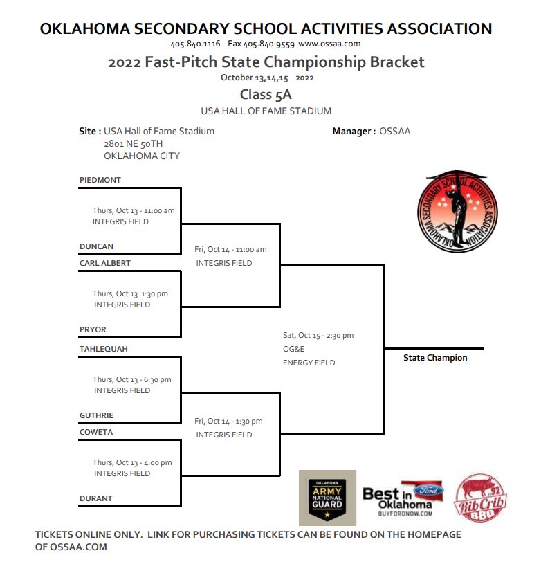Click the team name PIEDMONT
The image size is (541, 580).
pos(100,180)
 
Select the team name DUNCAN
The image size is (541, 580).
pos(97,246)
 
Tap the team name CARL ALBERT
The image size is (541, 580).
pos(105,263)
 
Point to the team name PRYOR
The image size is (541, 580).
pos(93,329)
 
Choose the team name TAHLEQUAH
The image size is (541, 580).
pos(104,349)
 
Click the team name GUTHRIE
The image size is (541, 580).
pos(97,415)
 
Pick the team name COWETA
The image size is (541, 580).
pos(96,432)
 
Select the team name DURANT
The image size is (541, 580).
pos(96,498)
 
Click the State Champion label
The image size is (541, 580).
pos(435,358)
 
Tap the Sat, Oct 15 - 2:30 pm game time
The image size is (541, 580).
pos(318,335)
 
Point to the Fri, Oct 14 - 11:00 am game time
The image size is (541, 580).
pos(230,249)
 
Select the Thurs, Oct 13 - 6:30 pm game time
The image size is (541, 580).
pos(132,379)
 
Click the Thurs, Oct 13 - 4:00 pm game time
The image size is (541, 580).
pos(132,462)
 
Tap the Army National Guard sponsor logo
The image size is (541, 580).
pos(327,498)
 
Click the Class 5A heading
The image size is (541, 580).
pos(266,95)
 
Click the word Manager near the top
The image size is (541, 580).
pos(354,131)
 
